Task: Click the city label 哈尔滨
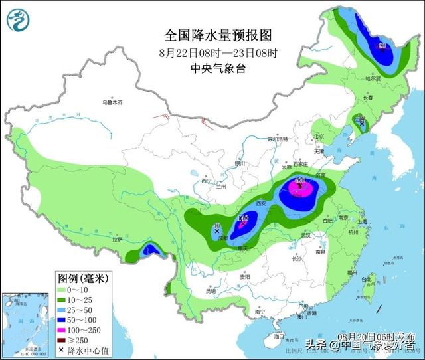point(373,78)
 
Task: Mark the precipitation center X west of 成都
point(218,231)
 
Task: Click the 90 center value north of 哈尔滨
point(382,46)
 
